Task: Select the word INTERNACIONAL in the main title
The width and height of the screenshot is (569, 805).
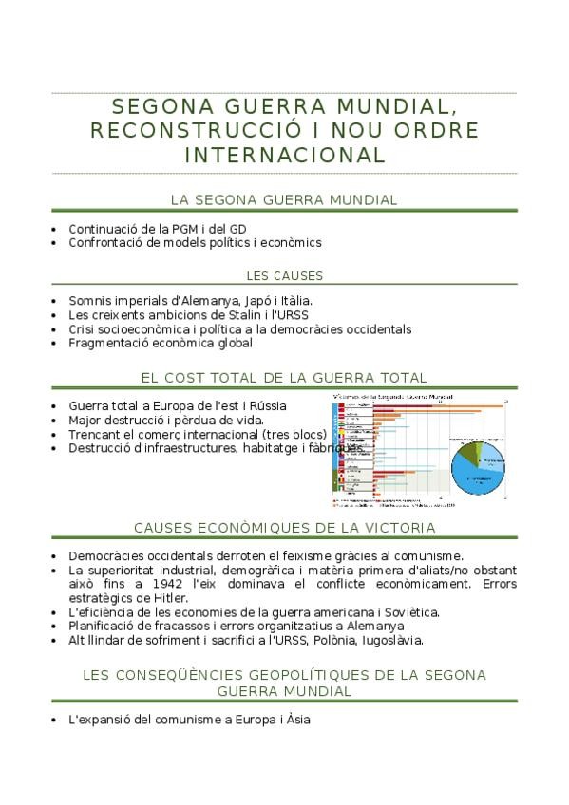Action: tap(284, 155)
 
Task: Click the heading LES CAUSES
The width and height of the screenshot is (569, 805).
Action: tap(284, 276)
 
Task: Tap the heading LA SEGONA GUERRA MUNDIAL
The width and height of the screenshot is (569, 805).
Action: tap(284, 200)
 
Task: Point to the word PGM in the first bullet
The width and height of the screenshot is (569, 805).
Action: tap(186, 229)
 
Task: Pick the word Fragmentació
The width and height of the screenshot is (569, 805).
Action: tap(107, 343)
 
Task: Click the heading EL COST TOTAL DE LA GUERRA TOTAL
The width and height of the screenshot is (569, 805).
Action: tap(284, 378)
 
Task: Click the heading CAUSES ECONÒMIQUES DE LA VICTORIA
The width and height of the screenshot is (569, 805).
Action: tap(284, 528)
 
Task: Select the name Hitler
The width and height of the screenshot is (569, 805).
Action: tap(170, 598)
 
